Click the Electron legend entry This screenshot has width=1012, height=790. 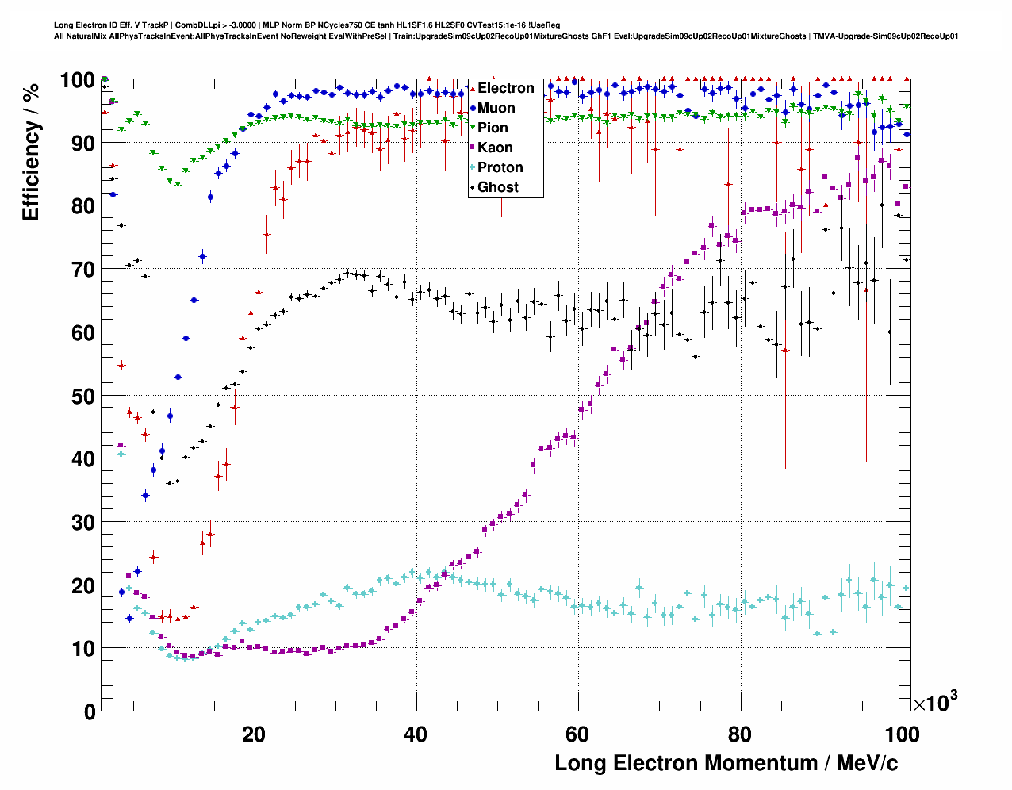click(x=505, y=88)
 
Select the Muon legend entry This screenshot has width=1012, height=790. click(x=496, y=108)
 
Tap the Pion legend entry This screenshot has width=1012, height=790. click(x=493, y=128)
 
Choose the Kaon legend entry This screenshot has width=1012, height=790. click(x=495, y=148)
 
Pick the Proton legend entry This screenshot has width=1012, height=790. click(x=500, y=167)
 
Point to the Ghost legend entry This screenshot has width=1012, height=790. click(x=497, y=187)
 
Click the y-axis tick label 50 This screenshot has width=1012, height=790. click(x=79, y=396)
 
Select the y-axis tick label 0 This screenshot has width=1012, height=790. click(x=90, y=711)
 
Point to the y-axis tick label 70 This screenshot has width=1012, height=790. click(x=79, y=270)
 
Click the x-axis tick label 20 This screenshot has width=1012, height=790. click(x=254, y=734)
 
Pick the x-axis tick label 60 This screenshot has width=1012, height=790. click(x=578, y=734)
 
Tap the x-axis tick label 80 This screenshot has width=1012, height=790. click(x=740, y=734)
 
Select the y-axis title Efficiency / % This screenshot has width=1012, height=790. click(x=31, y=151)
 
